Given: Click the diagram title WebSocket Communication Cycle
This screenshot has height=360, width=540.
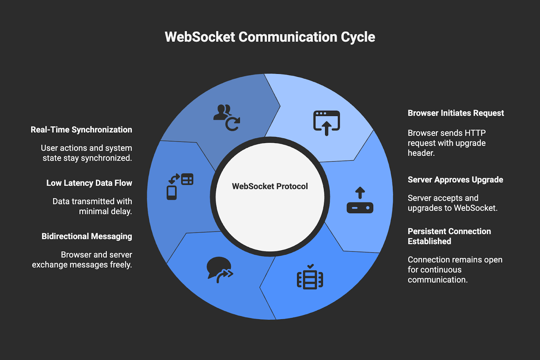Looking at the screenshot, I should (270, 37).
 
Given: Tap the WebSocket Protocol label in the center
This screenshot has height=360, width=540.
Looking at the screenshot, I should (270, 186).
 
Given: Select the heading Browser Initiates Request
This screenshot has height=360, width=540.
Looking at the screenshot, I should (456, 113).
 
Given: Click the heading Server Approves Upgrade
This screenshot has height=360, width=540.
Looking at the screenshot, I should (455, 180).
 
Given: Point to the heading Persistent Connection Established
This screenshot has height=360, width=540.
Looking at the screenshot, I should (449, 236).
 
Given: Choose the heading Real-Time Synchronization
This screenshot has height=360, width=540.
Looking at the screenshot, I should (81, 130).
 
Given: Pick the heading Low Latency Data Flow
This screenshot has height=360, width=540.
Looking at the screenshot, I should (89, 183).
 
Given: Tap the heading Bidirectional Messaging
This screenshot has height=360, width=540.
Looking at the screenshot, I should (87, 237).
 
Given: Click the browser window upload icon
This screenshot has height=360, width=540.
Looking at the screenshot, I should (326, 123).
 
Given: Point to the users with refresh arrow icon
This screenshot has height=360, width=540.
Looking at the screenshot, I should (226, 117).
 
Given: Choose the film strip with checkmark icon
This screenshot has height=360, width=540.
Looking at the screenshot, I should (310, 277).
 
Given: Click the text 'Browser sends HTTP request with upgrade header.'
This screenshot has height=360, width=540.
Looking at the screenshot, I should (447, 143).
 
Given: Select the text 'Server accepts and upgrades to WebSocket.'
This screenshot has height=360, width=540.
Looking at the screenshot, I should (452, 203).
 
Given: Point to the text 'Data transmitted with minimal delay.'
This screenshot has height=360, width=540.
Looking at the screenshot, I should (92, 206).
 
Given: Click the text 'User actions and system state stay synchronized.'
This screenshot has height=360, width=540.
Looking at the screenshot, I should (86, 153).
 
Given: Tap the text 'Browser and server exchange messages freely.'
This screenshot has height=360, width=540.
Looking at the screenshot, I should (82, 260).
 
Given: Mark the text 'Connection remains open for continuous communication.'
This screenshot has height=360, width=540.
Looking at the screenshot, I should (455, 270).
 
